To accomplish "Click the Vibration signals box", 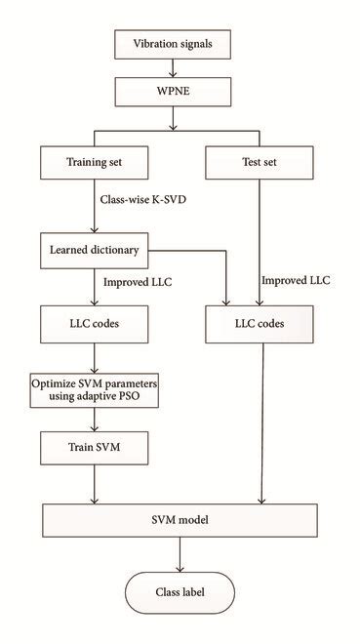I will [x=174, y=44].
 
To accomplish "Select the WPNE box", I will [x=174, y=92].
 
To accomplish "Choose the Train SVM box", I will [x=94, y=448].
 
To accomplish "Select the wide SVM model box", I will [x=180, y=521].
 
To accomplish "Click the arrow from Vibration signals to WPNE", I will [x=174, y=68].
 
